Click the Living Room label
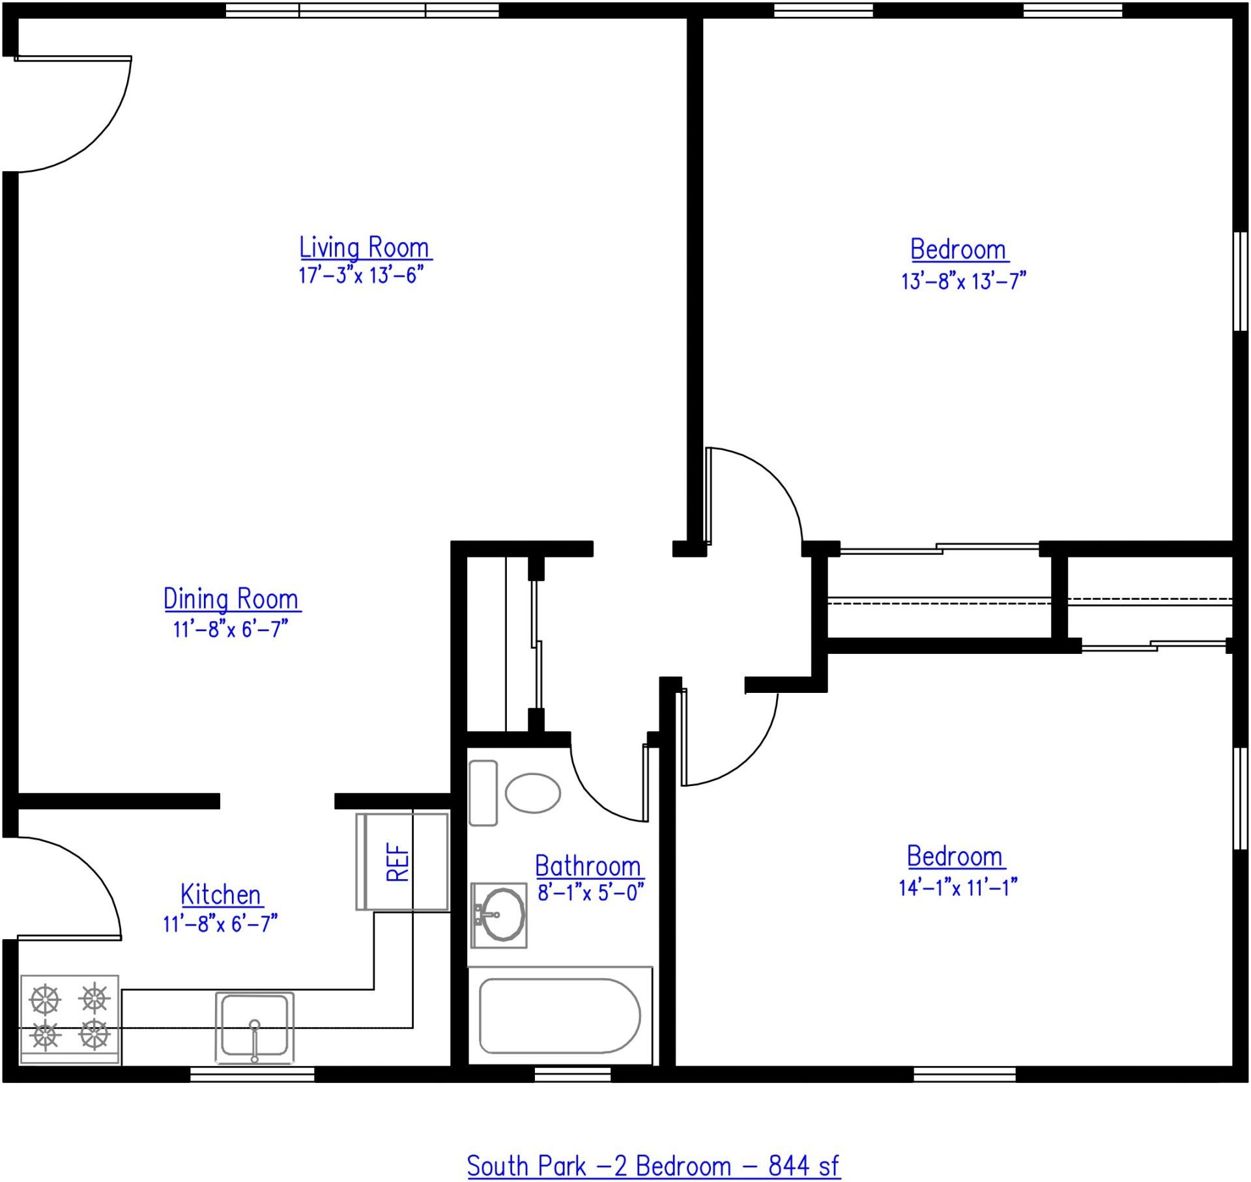click(365, 248)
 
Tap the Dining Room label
click(231, 600)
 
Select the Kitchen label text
click(221, 895)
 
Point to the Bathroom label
click(588, 866)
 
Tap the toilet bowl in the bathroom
click(533, 793)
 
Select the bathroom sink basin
click(500, 914)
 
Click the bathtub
click(560, 1015)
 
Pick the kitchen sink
click(255, 1027)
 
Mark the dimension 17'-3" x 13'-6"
click(361, 275)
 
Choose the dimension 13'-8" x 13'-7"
click(963, 281)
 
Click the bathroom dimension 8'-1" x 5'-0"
click(590, 892)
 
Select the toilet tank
click(483, 793)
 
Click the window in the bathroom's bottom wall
click(572, 1074)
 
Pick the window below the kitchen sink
click(252, 1074)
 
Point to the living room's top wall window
click(362, 10)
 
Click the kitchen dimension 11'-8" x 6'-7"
click(220, 923)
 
